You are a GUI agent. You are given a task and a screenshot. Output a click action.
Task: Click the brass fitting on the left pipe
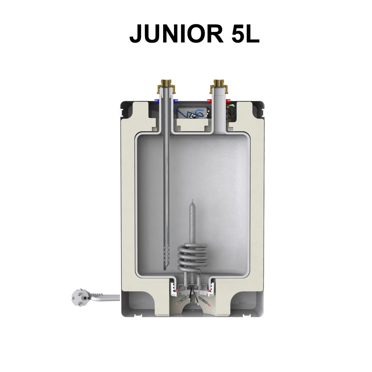click(166, 86)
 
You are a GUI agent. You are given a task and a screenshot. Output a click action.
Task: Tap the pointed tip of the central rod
click(193, 201)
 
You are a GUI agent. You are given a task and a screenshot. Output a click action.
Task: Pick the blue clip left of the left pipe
click(157, 101)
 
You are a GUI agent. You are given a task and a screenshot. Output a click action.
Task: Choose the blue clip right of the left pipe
click(175, 101)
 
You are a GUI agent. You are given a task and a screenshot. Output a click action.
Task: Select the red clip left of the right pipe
click(209, 101)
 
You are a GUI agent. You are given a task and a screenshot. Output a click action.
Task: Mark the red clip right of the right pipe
click(228, 101)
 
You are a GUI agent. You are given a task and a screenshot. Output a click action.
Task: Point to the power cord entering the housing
click(109, 298)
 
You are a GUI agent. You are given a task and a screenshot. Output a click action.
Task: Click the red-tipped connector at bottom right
click(207, 302)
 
